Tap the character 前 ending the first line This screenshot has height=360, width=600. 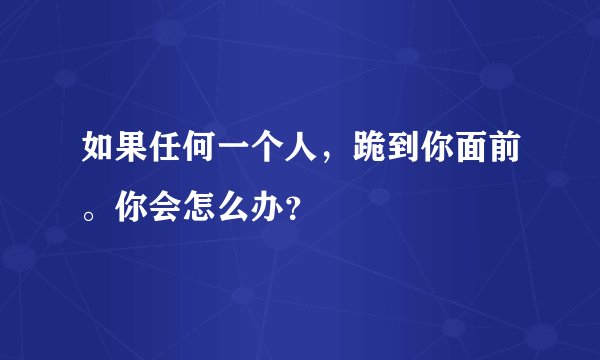505,151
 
